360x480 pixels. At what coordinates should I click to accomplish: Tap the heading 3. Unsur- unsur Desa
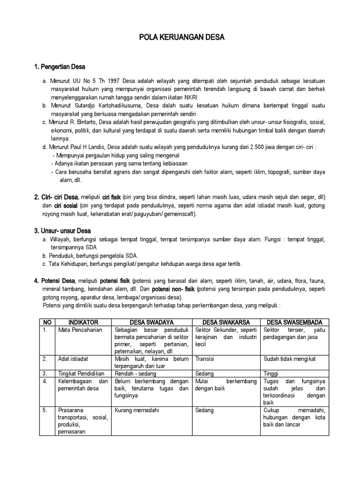(x=62, y=231)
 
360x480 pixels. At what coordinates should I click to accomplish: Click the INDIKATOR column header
(x=83, y=322)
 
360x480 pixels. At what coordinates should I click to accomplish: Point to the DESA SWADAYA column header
(x=152, y=322)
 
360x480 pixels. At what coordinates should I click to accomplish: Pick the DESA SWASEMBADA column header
(x=295, y=322)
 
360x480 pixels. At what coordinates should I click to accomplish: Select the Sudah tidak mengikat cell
(x=290, y=359)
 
